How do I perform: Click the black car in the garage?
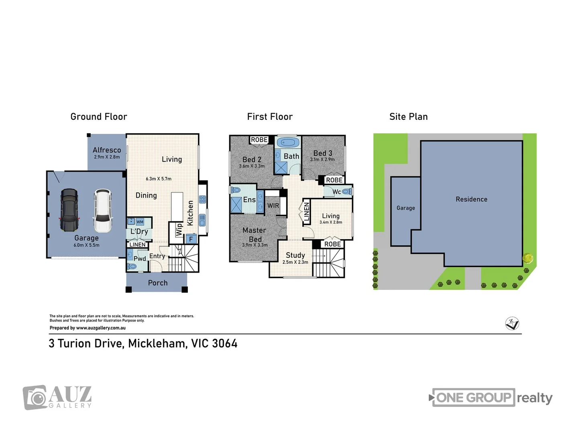(69, 210)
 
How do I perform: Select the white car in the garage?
(103, 211)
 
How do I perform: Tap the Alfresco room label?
(107, 150)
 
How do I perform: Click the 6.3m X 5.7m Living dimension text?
(159, 179)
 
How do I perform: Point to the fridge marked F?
(191, 239)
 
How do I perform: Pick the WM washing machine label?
(140, 222)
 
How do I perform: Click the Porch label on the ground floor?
(158, 283)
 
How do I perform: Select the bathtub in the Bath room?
(288, 142)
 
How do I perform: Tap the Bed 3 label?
(323, 153)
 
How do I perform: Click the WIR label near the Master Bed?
(273, 206)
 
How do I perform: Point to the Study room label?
(295, 255)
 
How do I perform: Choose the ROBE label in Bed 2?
(259, 140)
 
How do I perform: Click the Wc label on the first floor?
(337, 192)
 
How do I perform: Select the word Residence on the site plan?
(472, 199)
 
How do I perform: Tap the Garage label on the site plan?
(406, 208)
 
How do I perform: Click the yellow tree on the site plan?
(528, 258)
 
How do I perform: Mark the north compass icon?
(512, 324)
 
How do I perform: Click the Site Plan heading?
(409, 117)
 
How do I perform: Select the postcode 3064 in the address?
(225, 344)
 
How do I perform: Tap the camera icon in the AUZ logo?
(35, 398)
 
